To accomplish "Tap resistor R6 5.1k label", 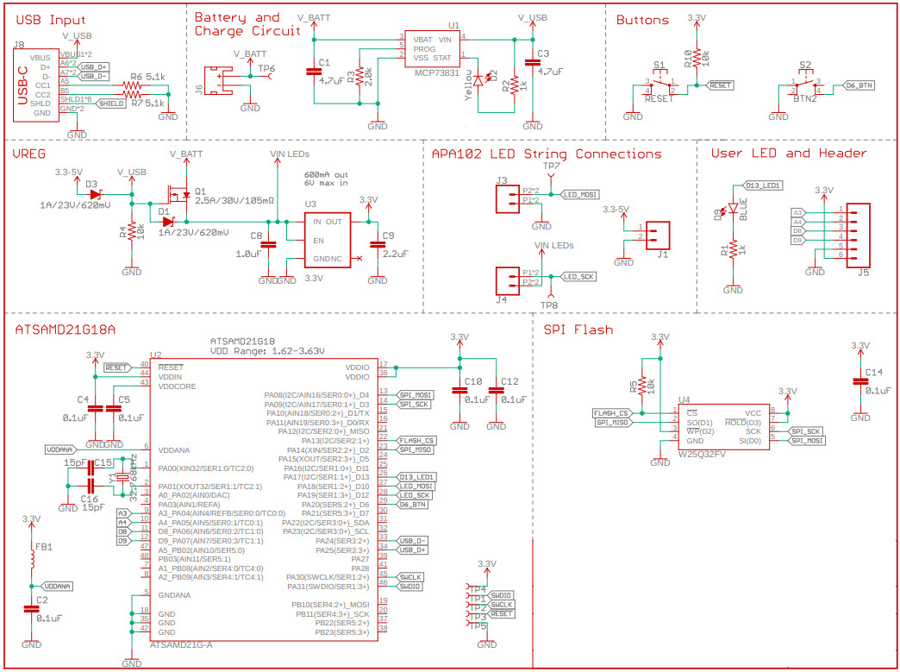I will click(142, 78).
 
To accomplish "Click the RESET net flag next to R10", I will click(720, 85).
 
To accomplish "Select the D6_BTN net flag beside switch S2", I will click(858, 85).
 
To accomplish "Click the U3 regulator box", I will click(325, 239).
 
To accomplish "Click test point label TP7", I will click(552, 166).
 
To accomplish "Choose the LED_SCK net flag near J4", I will click(578, 276).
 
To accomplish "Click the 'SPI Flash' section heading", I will click(578, 330).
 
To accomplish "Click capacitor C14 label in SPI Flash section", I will click(873, 372).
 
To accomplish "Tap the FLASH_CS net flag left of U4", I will click(611, 413).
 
